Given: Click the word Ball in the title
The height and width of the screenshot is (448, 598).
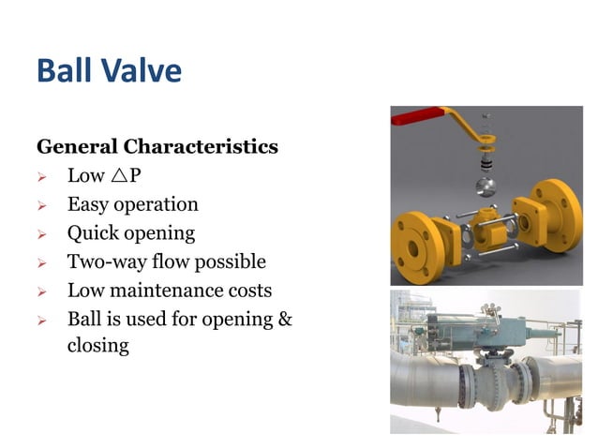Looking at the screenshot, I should coord(66,71).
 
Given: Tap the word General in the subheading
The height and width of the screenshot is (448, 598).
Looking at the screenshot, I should coord(77,147).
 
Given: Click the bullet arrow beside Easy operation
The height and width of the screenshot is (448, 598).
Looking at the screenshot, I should coord(41,205).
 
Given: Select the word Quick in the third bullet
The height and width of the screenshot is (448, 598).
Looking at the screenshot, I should coord(92,233).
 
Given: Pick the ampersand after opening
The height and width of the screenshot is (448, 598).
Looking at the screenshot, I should coord(285,319).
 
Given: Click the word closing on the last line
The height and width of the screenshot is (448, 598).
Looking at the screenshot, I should coord(97,345).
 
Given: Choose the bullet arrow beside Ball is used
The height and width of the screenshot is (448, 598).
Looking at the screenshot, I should coord(41,320).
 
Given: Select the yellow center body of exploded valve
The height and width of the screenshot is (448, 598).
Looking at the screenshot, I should coord(492,225).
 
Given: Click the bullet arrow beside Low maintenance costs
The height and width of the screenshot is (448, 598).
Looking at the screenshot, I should coord(41,291).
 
